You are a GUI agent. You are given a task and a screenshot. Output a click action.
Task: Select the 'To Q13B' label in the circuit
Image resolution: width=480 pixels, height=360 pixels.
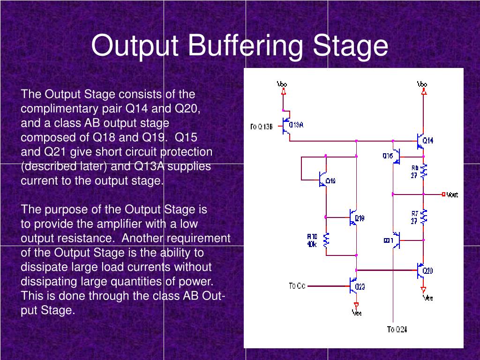261,126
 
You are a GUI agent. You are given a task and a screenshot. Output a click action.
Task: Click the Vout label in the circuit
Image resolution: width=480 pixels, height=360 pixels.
452,195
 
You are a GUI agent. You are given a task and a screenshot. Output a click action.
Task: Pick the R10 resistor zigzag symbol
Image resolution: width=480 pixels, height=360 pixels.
327,240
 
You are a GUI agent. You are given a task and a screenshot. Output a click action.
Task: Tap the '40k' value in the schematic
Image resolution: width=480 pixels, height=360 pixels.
312,244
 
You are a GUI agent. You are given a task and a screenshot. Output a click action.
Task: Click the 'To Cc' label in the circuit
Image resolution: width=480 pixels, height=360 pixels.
297,285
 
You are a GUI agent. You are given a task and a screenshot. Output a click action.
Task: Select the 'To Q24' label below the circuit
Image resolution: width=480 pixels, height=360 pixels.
397,329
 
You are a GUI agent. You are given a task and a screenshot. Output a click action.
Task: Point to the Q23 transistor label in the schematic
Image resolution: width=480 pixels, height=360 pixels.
360,287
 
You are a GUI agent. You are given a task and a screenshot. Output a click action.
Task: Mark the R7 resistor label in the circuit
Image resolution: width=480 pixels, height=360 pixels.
414,214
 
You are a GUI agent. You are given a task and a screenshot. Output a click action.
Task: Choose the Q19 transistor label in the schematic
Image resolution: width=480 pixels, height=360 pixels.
330,181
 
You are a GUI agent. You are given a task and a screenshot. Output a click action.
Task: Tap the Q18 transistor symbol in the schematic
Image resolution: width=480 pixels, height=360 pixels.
353,217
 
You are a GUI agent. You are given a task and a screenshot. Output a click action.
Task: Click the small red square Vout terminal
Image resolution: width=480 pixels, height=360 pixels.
443,194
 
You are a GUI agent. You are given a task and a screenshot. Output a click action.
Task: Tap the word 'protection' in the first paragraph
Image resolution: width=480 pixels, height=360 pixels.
186,152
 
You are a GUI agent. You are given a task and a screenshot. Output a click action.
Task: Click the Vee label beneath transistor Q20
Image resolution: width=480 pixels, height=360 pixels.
427,297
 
